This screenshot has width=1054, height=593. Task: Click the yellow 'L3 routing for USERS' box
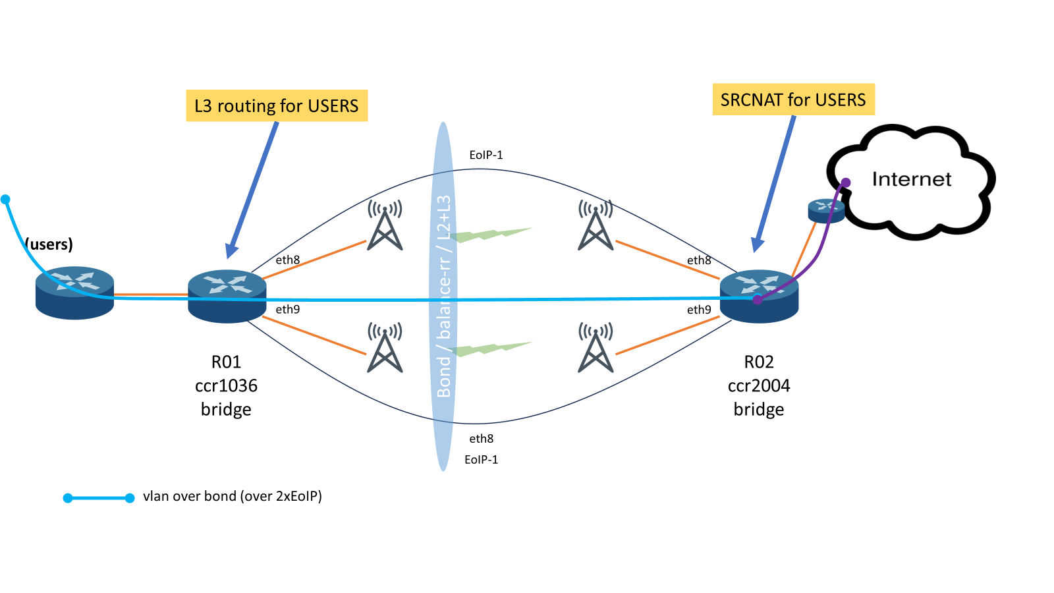coord(277,105)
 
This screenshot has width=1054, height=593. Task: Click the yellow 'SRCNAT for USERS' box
coord(793,99)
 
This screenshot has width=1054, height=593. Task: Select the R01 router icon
coord(227,296)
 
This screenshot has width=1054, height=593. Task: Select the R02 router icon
coord(759,296)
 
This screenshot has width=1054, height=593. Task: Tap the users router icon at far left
coord(74,293)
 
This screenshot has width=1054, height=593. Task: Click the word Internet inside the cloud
coord(911,179)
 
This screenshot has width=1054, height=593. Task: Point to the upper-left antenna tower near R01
coord(385,225)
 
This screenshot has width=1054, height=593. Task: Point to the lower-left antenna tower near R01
coord(385,347)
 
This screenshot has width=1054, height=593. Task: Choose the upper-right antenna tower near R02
coord(596,225)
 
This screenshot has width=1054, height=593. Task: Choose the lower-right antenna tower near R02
coord(596,347)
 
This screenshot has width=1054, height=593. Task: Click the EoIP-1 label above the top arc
coord(486,155)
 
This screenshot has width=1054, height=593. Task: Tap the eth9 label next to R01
coord(288,309)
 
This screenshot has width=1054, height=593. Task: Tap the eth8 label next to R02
coord(699,260)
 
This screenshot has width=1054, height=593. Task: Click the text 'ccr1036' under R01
coord(226,385)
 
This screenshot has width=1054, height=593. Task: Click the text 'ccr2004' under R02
coord(759,385)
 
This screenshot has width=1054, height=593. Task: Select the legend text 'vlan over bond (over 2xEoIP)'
coord(233,496)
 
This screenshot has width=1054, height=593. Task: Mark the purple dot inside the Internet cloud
coord(846,183)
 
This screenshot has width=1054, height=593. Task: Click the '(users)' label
coord(49,244)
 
